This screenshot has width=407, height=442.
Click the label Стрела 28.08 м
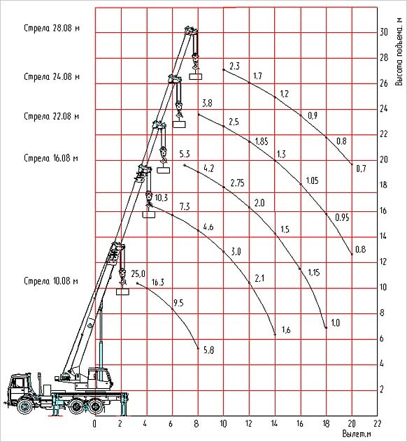52,28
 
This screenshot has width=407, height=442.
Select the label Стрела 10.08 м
51,281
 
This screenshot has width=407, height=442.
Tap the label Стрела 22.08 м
52,116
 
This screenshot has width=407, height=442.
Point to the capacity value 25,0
138,273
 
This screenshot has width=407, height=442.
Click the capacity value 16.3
157,282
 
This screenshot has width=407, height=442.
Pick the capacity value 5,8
208,350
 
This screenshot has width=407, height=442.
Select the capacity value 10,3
162,198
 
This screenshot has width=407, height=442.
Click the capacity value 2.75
237,183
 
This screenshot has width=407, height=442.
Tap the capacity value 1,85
262,141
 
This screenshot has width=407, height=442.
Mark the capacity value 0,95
342,218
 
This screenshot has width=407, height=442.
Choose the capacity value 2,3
234,66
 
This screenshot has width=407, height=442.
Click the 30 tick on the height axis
384,32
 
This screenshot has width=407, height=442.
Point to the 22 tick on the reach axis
377,423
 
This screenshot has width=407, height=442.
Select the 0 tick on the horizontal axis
94,424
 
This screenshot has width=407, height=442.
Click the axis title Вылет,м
357,434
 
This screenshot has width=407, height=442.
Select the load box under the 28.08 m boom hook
195,76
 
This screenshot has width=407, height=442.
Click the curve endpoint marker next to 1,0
326,327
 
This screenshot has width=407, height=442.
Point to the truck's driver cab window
19,383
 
